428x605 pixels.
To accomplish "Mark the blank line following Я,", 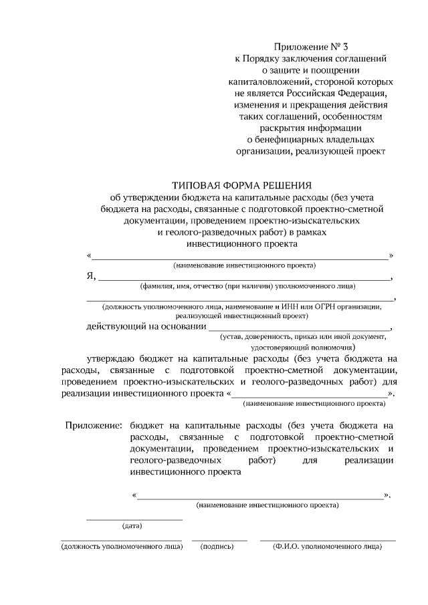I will [244, 279].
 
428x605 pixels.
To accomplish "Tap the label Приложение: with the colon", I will [94, 425].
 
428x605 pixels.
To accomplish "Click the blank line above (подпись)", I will [219, 539].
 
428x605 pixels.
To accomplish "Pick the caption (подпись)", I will [217, 547].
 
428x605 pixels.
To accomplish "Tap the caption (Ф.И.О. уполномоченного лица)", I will [326, 547].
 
